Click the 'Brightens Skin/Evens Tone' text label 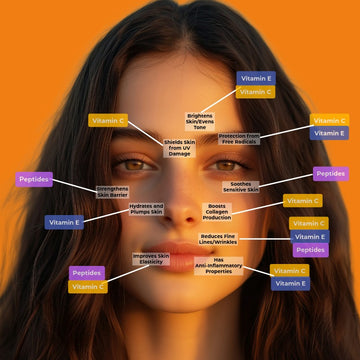coord(200,120)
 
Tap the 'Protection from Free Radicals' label coord(238,137)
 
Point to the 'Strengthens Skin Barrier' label coord(112,190)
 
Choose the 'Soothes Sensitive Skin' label coord(240,185)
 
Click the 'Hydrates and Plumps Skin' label coord(146,210)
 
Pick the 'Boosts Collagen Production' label coord(217,212)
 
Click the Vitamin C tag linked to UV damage coord(107,120)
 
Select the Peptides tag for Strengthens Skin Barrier coord(35,180)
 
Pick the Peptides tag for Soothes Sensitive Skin coord(331,174)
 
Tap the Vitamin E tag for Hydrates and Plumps coord(64,222)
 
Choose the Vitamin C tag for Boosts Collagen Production coord(302,201)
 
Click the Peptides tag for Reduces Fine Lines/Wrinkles coord(309,250)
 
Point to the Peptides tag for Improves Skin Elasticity coord(87,272)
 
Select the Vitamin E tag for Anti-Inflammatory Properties coord(290,284)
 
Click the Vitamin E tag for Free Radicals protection coord(329,133)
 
